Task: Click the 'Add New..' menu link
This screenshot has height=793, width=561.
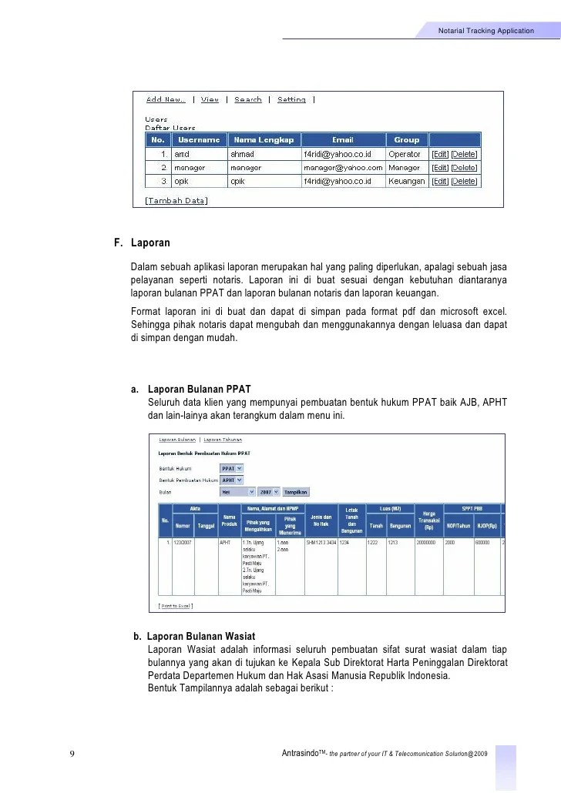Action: click(x=166, y=99)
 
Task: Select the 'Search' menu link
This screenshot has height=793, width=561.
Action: click(x=248, y=99)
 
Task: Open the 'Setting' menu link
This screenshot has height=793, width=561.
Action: click(x=291, y=99)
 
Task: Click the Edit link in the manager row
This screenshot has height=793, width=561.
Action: click(x=439, y=167)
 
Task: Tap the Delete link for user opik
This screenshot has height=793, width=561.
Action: click(x=464, y=181)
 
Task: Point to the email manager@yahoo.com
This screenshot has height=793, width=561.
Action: click(x=342, y=167)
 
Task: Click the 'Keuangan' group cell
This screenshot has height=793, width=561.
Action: click(x=406, y=181)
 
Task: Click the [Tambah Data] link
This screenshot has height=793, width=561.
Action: click(x=176, y=200)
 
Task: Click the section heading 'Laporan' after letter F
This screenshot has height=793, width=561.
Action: click(x=150, y=243)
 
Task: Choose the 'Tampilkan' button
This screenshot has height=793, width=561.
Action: click(x=296, y=491)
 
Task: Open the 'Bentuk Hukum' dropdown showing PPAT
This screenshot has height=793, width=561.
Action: click(x=231, y=467)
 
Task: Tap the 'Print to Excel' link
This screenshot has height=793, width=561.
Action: click(x=176, y=606)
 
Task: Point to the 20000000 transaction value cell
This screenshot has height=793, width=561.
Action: click(x=428, y=542)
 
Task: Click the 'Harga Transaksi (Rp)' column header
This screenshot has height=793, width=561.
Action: click(x=429, y=521)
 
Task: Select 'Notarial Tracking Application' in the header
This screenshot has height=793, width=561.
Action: click(x=485, y=31)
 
